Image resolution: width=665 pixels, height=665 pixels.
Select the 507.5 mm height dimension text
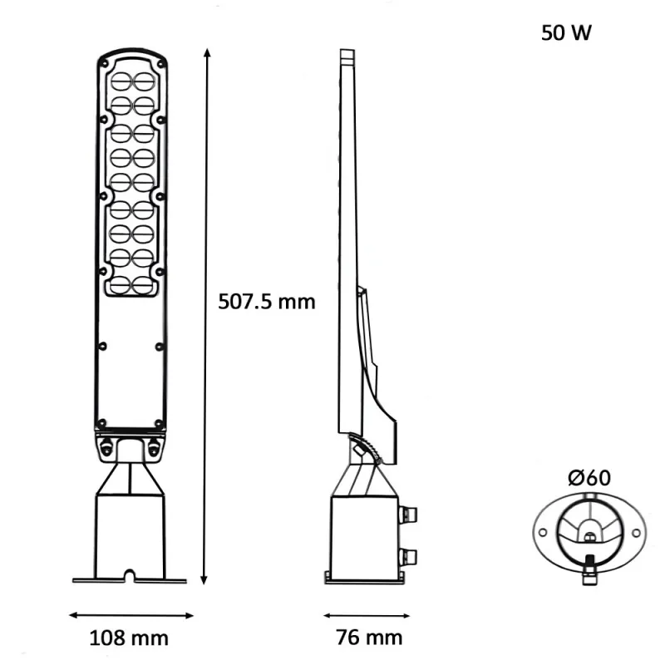point(267,301)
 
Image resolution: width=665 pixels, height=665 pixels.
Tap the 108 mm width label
point(128,638)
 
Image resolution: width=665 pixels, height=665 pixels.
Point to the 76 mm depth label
point(369,638)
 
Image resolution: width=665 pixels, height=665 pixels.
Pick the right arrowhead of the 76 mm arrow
point(410,616)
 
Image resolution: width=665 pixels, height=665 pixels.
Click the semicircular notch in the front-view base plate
point(129,574)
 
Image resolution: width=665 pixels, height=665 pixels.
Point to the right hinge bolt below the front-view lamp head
point(153,446)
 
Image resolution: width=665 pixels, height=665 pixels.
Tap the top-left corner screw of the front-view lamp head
point(103,63)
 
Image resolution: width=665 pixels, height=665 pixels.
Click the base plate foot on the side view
point(366,579)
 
